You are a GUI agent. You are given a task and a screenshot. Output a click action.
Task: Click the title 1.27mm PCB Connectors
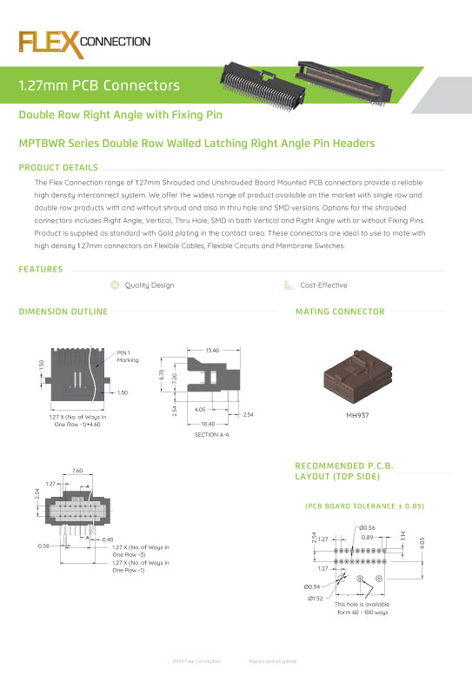(x=99, y=85)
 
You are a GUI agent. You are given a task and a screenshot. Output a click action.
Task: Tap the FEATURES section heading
(x=41, y=270)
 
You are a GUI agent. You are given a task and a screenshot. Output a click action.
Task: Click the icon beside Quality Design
(x=115, y=285)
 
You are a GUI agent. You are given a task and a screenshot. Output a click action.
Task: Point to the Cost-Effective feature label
(x=323, y=285)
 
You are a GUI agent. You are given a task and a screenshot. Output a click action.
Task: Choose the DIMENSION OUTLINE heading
(x=63, y=311)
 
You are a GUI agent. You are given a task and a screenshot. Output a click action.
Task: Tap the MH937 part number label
(x=357, y=415)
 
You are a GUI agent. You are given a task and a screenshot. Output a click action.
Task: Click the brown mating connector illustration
(x=357, y=379)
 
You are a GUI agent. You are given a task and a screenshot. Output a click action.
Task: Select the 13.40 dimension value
(x=211, y=350)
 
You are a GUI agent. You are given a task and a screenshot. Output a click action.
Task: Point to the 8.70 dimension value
(x=162, y=374)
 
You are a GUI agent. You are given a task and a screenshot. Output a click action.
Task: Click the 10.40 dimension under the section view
(x=208, y=424)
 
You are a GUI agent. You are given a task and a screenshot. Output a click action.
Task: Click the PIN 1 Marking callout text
(x=127, y=356)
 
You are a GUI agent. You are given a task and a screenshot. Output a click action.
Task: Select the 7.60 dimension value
(x=77, y=471)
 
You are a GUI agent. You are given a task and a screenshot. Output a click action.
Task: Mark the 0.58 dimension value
(x=43, y=546)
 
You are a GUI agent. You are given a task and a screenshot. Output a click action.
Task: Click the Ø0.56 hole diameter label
(x=367, y=527)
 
